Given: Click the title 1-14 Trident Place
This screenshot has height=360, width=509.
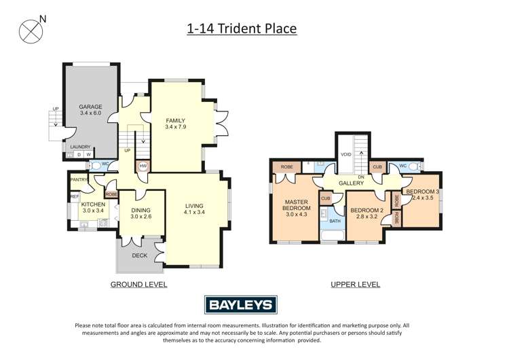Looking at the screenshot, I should click(x=242, y=29).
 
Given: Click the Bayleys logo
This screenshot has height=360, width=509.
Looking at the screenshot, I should click(x=240, y=306).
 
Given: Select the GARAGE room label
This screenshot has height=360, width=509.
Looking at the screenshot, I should click(x=90, y=107).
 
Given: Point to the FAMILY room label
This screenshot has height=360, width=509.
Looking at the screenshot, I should click(x=176, y=120).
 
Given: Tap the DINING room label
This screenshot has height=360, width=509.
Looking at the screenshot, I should click(x=141, y=211).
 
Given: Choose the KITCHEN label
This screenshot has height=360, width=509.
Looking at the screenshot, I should click(x=93, y=204).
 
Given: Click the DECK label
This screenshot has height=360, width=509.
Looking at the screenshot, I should click(x=139, y=256).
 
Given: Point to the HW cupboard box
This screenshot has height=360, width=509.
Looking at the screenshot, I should click(x=143, y=166).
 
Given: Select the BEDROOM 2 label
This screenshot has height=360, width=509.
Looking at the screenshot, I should click(x=367, y=211).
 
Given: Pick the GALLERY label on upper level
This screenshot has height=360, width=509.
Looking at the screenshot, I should click(x=352, y=183).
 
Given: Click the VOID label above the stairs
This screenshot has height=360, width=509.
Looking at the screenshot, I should click(x=345, y=154).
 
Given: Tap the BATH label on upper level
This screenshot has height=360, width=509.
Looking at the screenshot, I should click(x=335, y=221).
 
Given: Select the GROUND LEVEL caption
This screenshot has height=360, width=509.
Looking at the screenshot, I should click(x=138, y=285).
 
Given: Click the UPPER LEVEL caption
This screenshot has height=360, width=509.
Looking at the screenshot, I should click(x=355, y=285).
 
